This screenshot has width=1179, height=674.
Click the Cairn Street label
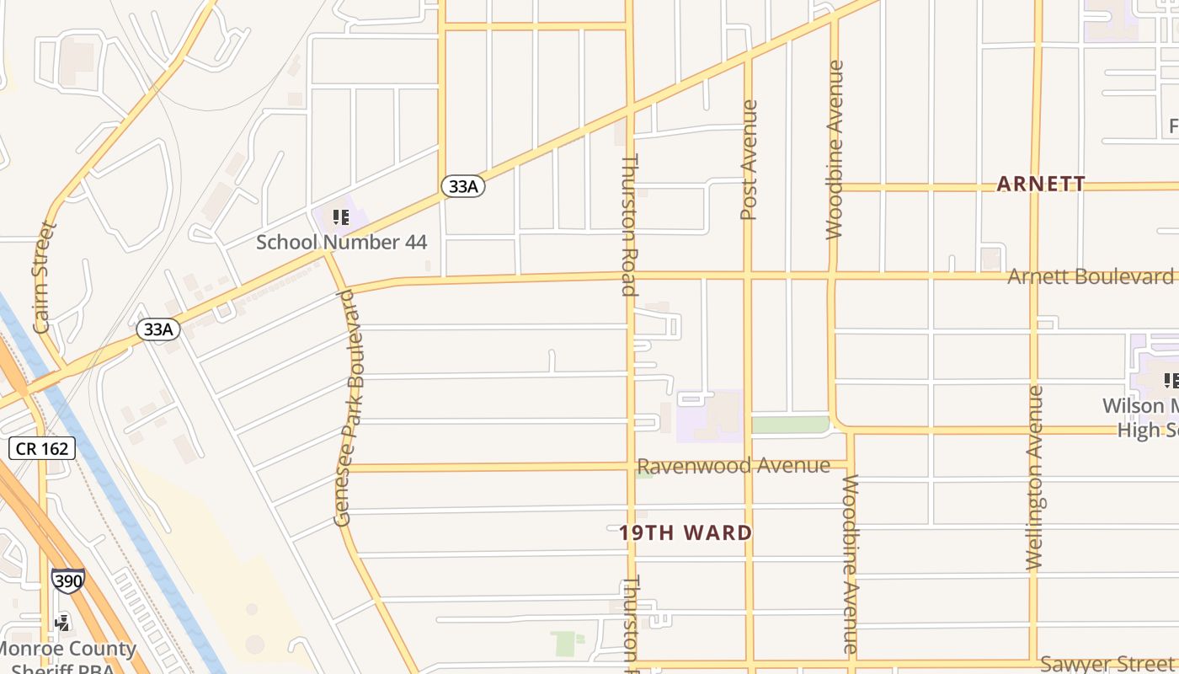click(x=42, y=277)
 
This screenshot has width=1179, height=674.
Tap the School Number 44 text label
click(x=341, y=243)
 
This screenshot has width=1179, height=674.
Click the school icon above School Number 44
click(x=341, y=218)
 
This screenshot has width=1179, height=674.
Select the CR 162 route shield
click(x=43, y=448)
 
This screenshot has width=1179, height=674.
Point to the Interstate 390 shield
click(x=67, y=580)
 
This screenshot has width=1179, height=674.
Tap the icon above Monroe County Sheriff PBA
click(x=61, y=623)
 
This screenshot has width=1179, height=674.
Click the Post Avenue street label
click(x=749, y=160)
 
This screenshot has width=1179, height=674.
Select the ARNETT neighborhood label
click(x=1041, y=184)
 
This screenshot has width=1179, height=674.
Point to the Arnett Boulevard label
click(x=1090, y=276)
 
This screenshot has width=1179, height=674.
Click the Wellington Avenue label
click(x=1036, y=478)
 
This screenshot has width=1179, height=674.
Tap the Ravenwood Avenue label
click(x=734, y=466)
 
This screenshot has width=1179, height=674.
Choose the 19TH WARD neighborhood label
click(x=686, y=532)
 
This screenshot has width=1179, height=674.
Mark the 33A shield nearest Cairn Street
click(x=158, y=329)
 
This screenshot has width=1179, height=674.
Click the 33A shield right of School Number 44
click(x=463, y=186)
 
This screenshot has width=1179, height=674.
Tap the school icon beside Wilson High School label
click(x=1171, y=381)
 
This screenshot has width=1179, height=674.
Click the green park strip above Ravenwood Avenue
click(x=790, y=425)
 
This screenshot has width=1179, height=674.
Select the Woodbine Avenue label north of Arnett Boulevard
click(x=835, y=150)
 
